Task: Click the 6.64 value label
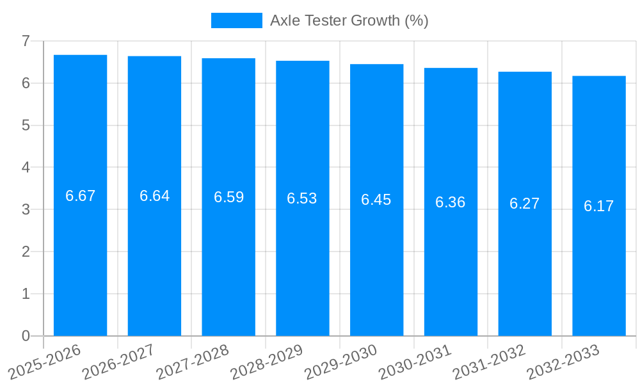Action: coord(154,196)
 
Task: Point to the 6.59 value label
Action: coord(228,197)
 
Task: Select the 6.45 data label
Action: coord(376,200)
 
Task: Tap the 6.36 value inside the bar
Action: coord(451,202)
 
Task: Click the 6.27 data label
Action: coord(525,204)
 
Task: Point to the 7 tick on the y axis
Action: coord(26,41)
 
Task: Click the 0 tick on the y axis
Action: coord(26,336)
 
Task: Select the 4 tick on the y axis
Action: coord(26,168)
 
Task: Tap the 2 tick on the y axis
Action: coord(26,252)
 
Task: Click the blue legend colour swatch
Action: coord(237,20)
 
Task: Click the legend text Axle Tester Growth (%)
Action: coord(349,20)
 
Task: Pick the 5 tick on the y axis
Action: coord(26,125)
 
